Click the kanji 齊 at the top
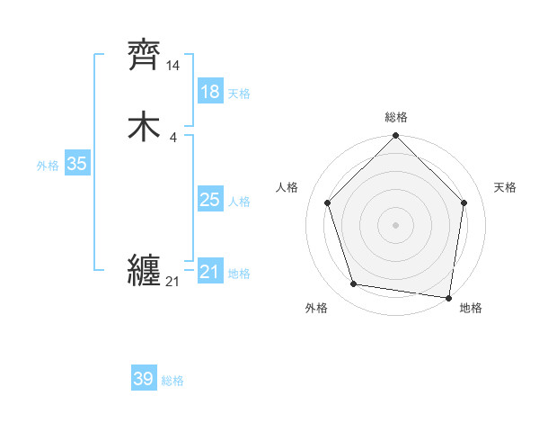[144, 56]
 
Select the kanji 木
[144, 127]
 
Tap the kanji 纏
[144, 270]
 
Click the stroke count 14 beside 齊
[172, 66]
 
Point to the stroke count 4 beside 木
[172, 137]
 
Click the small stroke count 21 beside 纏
[172, 282]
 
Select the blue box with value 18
[209, 92]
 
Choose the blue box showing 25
[209, 200]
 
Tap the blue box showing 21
[209, 272]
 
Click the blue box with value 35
[76, 164]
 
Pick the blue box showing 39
[143, 379]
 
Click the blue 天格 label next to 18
[239, 94]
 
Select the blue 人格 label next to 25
[239, 202]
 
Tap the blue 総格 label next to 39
[172, 381]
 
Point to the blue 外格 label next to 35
[48, 166]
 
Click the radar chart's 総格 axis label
[396, 117]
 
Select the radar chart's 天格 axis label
[505, 187]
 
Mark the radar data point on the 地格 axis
[449, 297]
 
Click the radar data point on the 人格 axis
[328, 202]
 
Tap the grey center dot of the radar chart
[396, 224]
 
